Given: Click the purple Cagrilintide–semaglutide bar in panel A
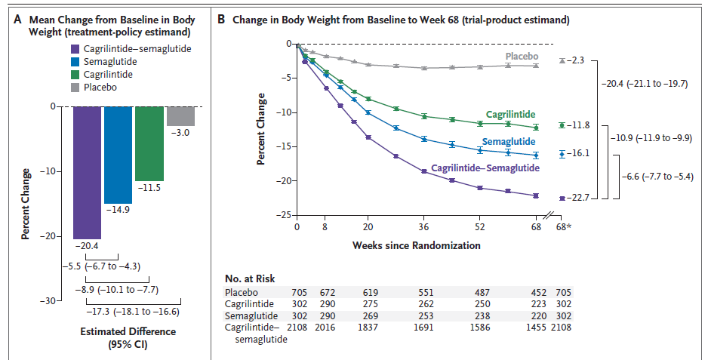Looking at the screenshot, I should click(x=87, y=172).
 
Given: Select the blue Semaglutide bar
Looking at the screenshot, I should click(x=119, y=155).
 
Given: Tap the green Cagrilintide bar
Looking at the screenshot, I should click(x=149, y=143).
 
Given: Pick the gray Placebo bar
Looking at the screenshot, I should click(x=180, y=116).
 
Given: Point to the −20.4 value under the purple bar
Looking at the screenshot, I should click(x=86, y=245).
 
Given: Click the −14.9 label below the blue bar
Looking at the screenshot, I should click(x=119, y=209).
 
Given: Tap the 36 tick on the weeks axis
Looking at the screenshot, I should click(x=424, y=226).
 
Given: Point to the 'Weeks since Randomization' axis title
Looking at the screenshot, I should click(x=416, y=245).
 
